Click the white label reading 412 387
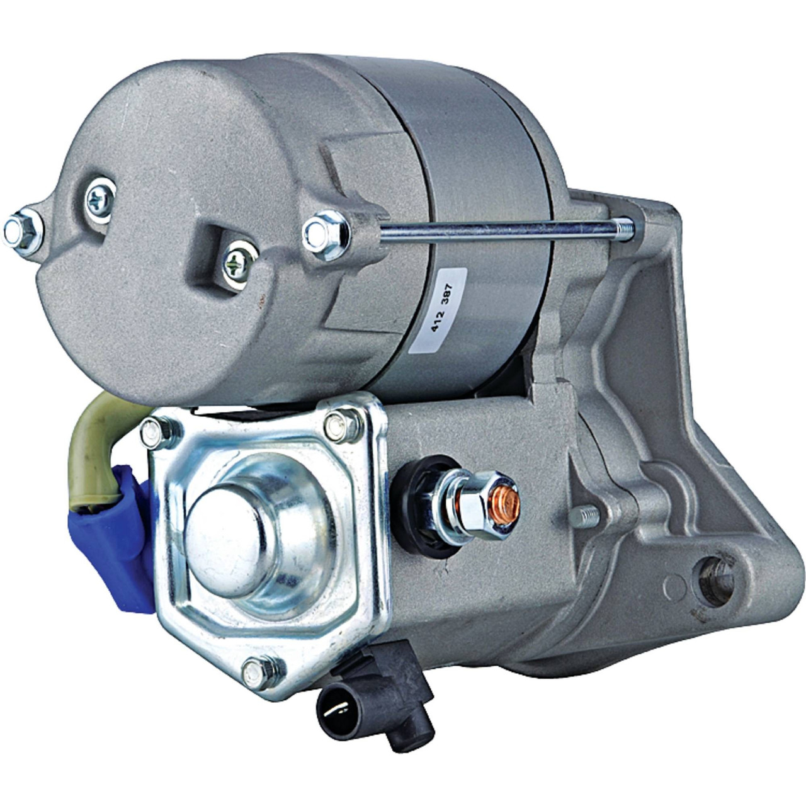point(438,310)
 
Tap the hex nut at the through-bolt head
point(326,235)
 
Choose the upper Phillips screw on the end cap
point(100,200)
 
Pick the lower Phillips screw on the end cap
point(239,264)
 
